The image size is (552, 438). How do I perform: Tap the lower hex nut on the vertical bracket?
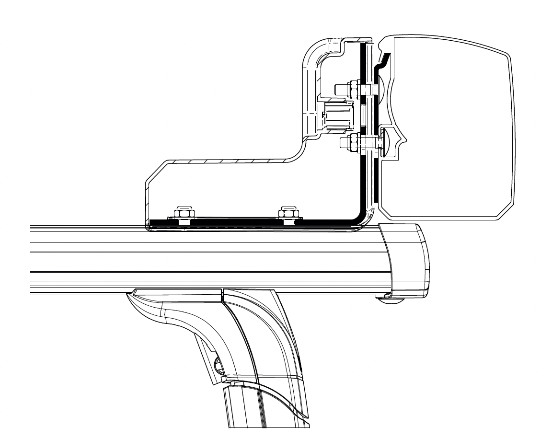355,142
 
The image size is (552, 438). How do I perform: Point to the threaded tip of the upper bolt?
338,88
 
